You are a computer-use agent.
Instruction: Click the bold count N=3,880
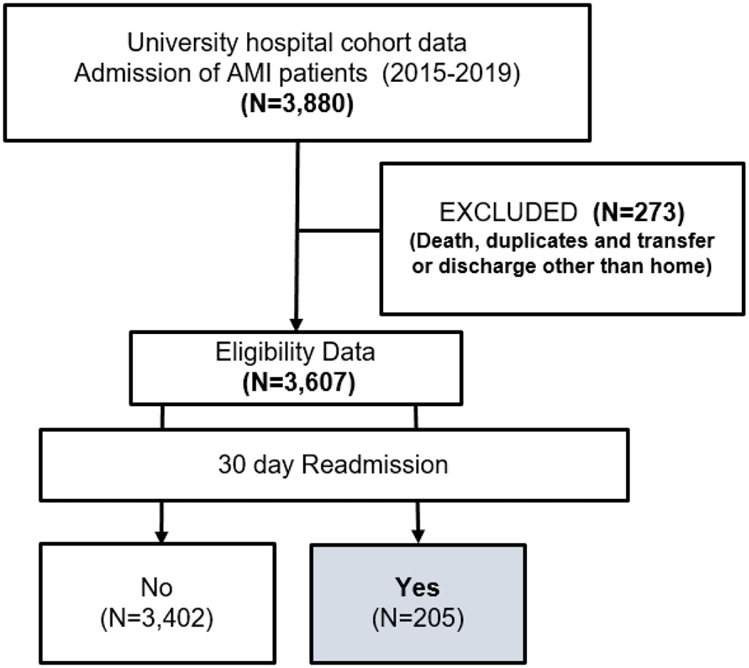click(297, 104)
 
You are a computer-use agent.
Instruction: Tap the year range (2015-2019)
click(451, 73)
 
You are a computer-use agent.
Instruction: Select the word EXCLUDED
click(508, 212)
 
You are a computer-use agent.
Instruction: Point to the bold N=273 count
click(639, 212)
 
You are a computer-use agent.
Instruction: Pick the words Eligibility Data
click(295, 352)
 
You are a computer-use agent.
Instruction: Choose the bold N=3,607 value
click(298, 383)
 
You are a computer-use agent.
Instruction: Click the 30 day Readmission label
click(333, 464)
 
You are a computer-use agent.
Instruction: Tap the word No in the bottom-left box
click(157, 587)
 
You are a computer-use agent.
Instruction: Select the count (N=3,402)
click(157, 617)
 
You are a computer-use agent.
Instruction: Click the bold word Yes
click(418, 587)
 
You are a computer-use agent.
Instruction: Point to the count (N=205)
click(418, 617)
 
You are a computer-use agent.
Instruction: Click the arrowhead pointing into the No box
click(162, 536)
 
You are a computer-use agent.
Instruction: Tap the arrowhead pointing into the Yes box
click(418, 536)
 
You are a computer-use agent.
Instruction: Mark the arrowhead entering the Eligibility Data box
click(296, 324)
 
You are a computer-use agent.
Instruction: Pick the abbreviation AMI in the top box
click(251, 73)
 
